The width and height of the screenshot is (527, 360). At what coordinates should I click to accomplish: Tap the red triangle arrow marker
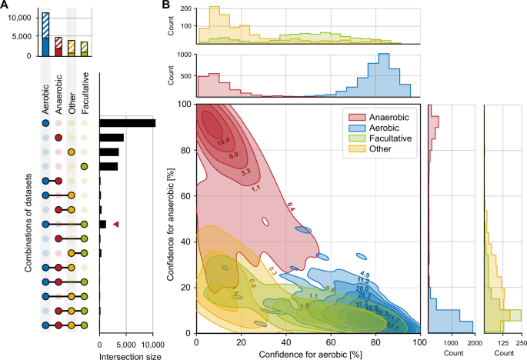click(x=115, y=224)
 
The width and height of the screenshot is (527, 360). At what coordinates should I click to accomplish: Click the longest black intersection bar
click(x=127, y=122)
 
